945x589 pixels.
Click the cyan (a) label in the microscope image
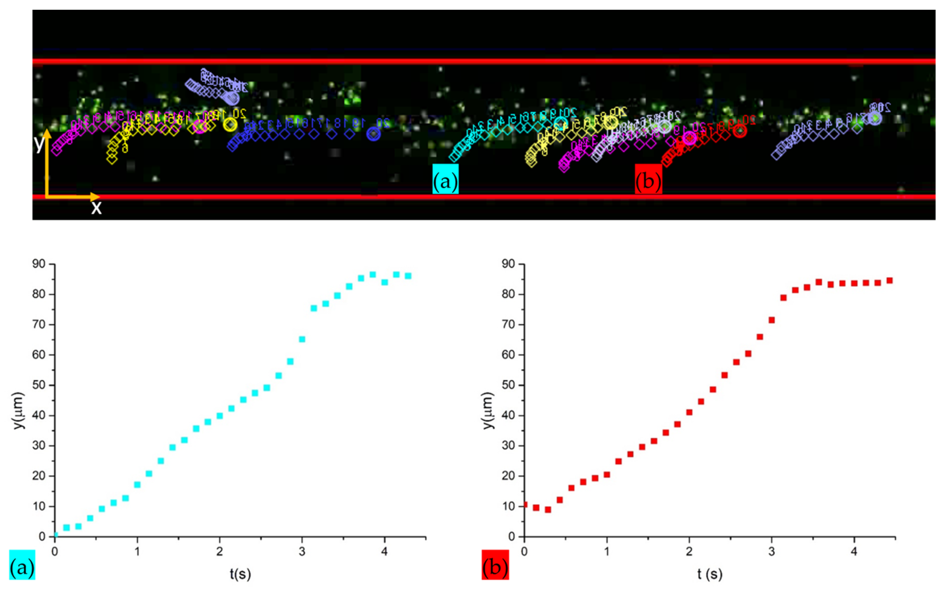(445, 179)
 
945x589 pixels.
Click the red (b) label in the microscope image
(648, 179)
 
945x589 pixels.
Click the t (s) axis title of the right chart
(710, 574)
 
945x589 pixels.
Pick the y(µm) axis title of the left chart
(19, 411)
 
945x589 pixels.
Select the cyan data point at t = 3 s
(302, 339)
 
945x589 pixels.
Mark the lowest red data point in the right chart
(548, 510)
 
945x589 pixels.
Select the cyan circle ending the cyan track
(561, 123)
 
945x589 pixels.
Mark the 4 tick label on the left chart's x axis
(385, 552)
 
